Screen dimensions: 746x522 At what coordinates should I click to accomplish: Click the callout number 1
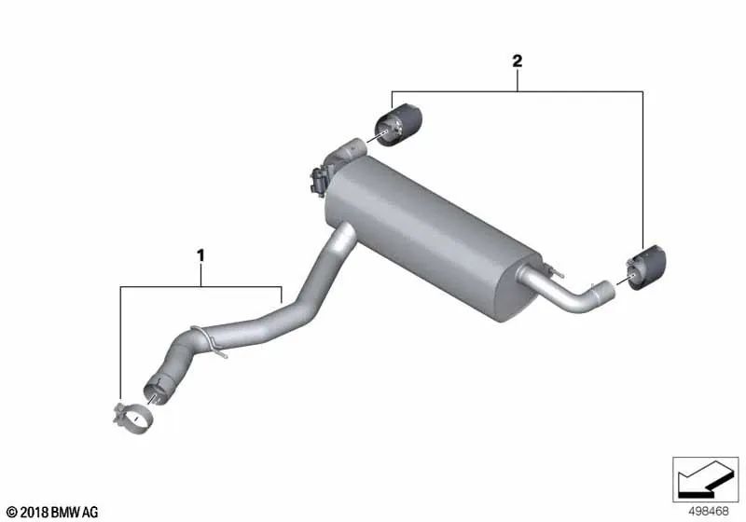click(200, 255)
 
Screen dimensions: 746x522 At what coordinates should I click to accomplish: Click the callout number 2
click(518, 61)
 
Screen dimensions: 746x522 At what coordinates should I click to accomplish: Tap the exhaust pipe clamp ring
click(133, 419)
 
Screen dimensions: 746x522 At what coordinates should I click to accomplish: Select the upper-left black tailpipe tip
click(398, 125)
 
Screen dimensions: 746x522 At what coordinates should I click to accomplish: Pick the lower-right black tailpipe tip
click(646, 267)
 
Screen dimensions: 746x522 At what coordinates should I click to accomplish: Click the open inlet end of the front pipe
click(158, 389)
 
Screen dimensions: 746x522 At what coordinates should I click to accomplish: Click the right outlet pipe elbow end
click(602, 292)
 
